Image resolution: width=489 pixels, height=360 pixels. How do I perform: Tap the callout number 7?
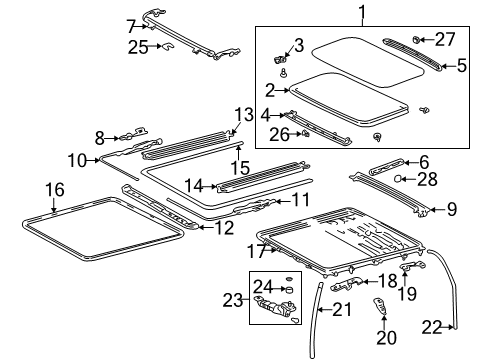130,25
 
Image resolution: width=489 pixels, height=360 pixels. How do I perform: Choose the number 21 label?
343,311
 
